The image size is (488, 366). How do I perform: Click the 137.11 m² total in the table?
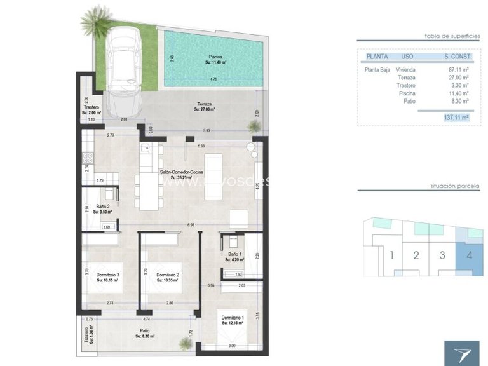455,118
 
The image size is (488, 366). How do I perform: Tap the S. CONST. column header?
456,57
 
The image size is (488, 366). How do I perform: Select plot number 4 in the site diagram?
469,256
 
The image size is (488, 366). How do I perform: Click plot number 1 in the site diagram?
393,256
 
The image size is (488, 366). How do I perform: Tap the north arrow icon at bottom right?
461,352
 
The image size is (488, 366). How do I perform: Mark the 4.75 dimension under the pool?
213,80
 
